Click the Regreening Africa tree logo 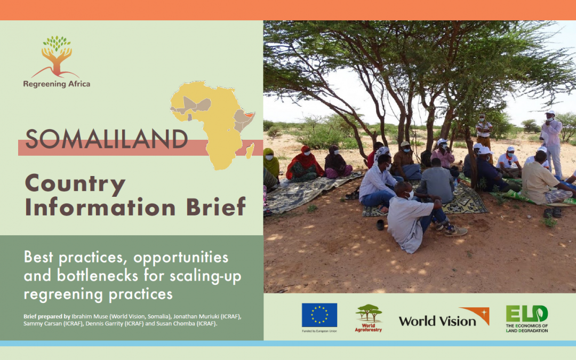pyautogui.click(x=57, y=57)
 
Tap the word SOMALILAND pyautogui.click(x=107, y=139)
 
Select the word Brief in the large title pyautogui.click(x=216, y=206)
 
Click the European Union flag pyautogui.click(x=319, y=315)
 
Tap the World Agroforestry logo pyautogui.click(x=369, y=318)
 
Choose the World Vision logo pyautogui.click(x=444, y=317)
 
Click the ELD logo pyautogui.click(x=527, y=318)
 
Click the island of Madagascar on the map pyautogui.click(x=250, y=150)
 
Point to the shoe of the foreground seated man pyautogui.click(x=456, y=231)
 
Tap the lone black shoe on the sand pyautogui.click(x=380, y=225)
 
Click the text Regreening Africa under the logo pyautogui.click(x=57, y=84)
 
